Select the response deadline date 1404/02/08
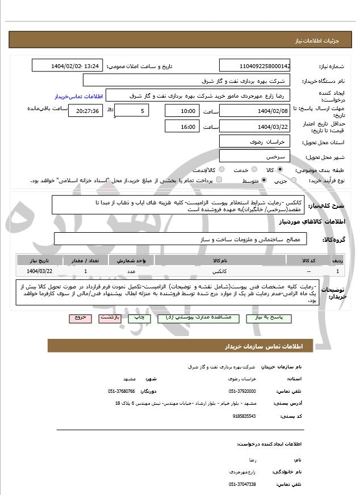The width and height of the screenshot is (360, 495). (x=253, y=111)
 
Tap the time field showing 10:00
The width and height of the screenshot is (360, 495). (x=182, y=111)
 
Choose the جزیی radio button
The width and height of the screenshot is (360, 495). (x=293, y=181)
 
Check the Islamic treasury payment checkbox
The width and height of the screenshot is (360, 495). (x=220, y=181)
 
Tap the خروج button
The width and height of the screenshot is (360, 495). (x=79, y=318)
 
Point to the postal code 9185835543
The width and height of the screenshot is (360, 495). (x=244, y=416)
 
